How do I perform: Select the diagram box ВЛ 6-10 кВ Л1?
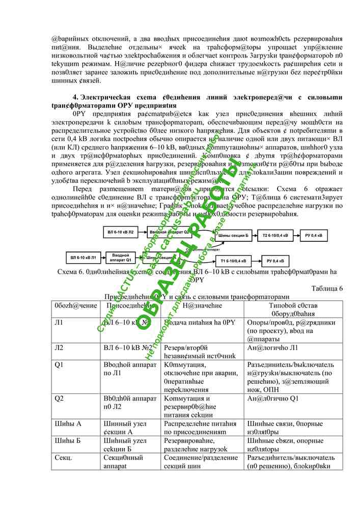(x=82, y=257)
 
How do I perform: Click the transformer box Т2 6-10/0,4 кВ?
(x=275, y=236)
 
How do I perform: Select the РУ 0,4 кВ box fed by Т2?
(x=314, y=236)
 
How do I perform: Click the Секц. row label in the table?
(x=63, y=458)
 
